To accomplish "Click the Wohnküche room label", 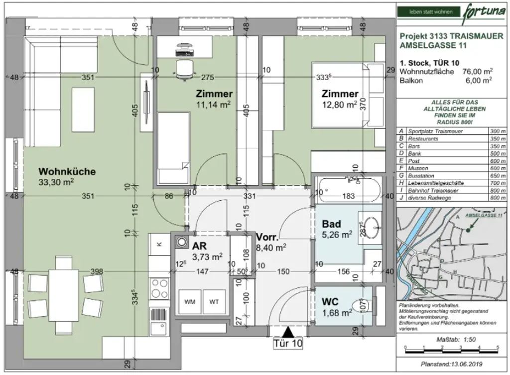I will click(67, 172).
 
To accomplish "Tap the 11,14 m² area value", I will click(214, 104).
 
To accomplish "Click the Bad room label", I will click(331, 224).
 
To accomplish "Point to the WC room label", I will click(331, 302).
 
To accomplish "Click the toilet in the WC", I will click(361, 304).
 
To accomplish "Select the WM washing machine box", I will click(190, 302).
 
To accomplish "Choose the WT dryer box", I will click(214, 302).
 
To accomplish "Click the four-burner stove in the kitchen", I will click(159, 287).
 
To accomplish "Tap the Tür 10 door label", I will click(287, 343).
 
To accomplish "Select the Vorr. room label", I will click(266, 237).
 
